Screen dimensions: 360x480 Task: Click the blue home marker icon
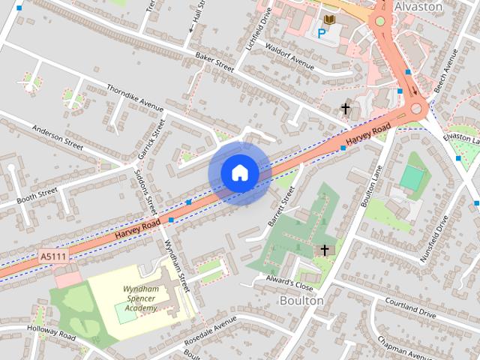pos(239,172)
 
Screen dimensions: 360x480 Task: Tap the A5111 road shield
pos(52,256)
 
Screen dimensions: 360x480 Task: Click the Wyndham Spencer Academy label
pos(140,298)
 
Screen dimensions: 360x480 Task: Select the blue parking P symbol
pos(322,33)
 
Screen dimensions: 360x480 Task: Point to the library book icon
pos(329,19)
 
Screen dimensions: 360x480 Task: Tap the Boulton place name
pos(301,300)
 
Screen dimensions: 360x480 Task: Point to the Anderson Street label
pos(58,134)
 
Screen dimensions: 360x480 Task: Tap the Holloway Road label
pos(52,331)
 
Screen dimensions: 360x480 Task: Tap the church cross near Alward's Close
pos(325,250)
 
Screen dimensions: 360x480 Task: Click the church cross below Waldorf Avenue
pos(346,109)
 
